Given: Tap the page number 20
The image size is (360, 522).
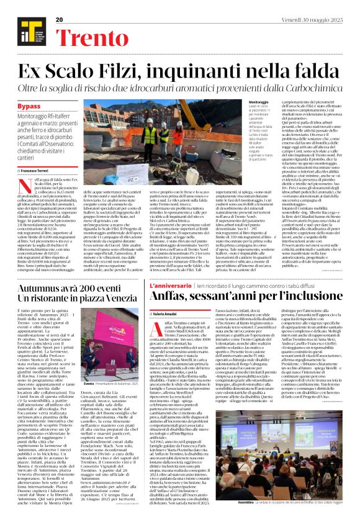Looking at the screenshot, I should (60, 20).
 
